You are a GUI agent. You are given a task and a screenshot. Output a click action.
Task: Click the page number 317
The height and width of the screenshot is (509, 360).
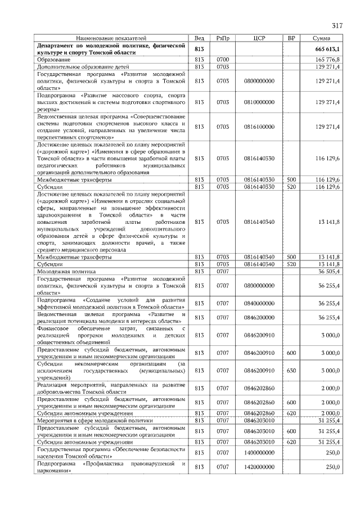[x=337, y=25]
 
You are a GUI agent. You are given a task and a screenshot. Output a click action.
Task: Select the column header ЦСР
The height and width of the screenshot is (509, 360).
[x=259, y=38]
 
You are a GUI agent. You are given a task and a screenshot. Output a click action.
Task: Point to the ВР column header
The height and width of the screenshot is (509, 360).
[x=291, y=38]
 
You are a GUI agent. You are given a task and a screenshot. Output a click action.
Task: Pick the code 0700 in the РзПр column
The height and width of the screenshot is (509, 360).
[x=223, y=59]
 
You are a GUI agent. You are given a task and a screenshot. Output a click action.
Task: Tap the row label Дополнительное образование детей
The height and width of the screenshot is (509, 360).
[x=76, y=66]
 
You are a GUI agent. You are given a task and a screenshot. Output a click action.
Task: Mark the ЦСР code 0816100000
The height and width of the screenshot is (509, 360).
[x=259, y=127]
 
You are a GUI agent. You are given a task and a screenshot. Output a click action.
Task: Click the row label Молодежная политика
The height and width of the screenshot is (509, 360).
[x=66, y=271]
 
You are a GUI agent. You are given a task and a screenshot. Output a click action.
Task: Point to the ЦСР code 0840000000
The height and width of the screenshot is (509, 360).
[x=259, y=303]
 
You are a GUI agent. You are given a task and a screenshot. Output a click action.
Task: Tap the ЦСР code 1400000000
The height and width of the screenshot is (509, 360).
[x=259, y=453]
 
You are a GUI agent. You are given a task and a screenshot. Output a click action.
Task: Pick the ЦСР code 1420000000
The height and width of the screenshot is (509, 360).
[x=259, y=467]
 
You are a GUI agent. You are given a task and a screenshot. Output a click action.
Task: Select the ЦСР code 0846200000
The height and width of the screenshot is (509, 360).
[x=259, y=318]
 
